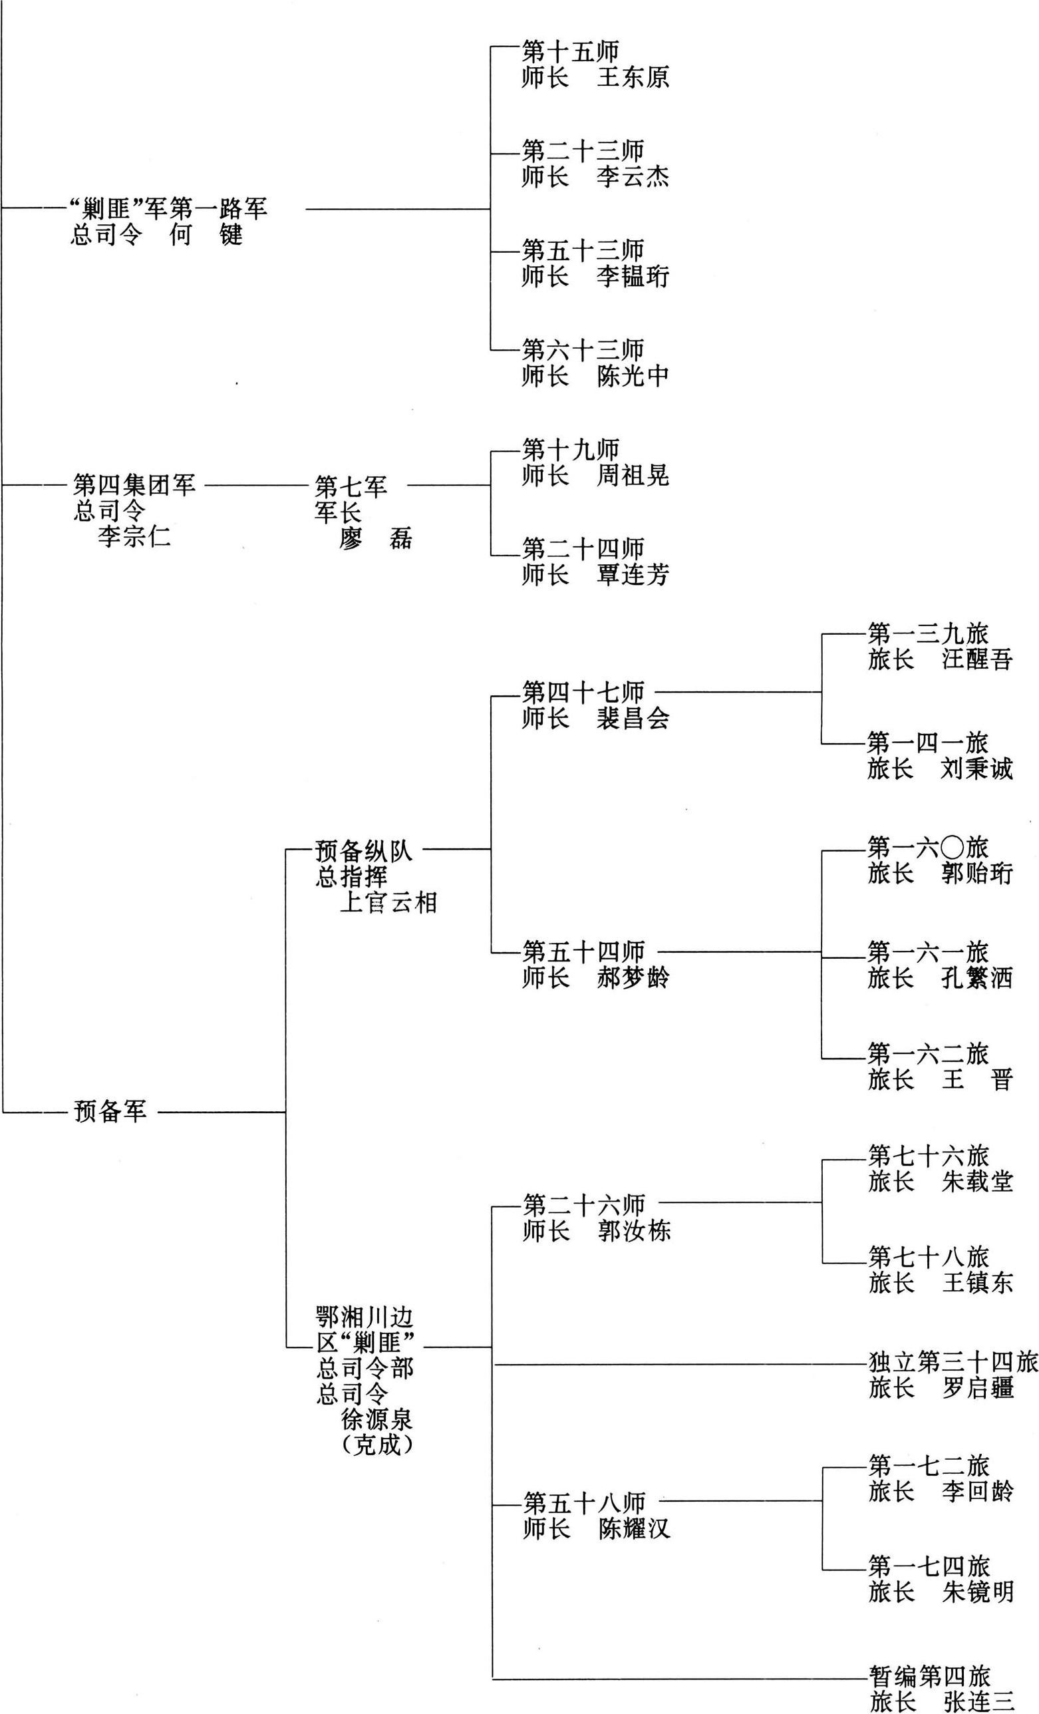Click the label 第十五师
point(570,52)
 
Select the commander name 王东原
point(633,77)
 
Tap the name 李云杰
point(633,177)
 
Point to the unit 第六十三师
point(583,350)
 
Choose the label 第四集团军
point(134,485)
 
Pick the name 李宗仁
point(134,536)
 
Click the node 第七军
point(351,486)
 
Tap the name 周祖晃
point(633,476)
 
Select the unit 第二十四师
point(583,549)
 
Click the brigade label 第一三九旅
point(928,633)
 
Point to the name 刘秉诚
point(977,769)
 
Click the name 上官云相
point(388,903)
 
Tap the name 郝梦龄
point(633,977)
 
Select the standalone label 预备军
point(110,1111)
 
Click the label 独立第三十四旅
point(953,1362)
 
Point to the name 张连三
point(978,1701)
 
